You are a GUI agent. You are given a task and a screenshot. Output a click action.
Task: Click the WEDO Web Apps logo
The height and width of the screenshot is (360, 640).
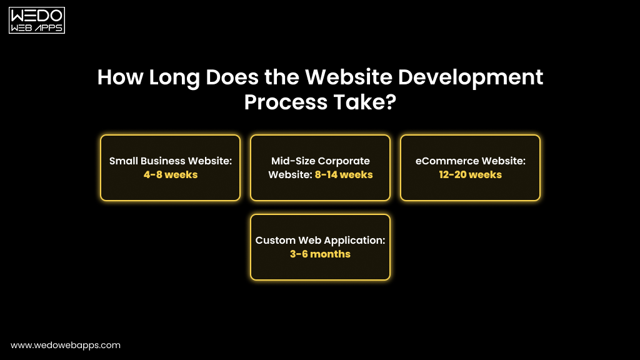(x=37, y=21)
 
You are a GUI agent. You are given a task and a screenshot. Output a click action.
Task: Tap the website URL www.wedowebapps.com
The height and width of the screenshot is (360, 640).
(x=66, y=345)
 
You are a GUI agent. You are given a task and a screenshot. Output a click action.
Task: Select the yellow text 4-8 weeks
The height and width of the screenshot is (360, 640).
(x=170, y=175)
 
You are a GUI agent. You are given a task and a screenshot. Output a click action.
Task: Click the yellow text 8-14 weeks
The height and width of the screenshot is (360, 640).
(x=344, y=175)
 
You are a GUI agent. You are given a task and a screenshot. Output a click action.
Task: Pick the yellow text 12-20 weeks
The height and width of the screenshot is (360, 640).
(x=470, y=175)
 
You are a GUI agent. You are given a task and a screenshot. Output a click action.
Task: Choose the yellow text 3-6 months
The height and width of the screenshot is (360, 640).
(x=320, y=254)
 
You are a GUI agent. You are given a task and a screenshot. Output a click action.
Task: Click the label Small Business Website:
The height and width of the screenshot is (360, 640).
(x=170, y=161)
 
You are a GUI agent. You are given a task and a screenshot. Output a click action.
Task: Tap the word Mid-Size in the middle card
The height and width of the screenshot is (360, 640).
(x=293, y=161)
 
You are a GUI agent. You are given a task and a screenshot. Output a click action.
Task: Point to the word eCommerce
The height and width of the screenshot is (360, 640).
(x=446, y=161)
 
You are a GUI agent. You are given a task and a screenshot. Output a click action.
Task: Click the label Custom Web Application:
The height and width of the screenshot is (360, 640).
(x=320, y=241)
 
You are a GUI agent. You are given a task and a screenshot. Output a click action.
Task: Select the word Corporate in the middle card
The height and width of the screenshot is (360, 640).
(x=344, y=161)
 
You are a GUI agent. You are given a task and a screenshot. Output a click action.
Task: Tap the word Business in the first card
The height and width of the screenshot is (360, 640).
(x=164, y=161)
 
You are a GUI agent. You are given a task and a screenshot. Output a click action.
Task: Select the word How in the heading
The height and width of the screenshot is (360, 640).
(x=120, y=77)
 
